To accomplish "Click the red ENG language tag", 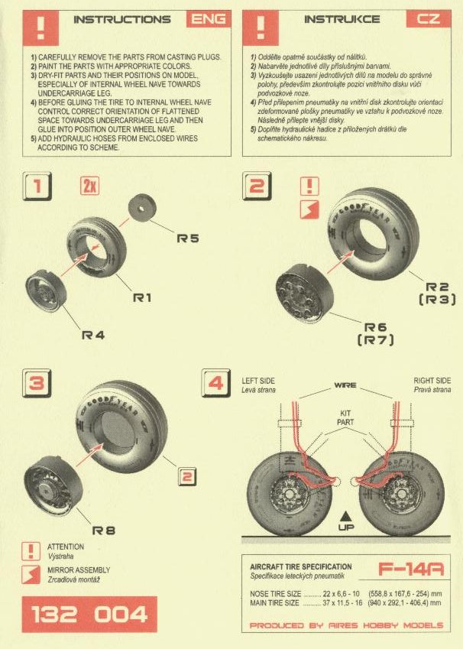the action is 209,19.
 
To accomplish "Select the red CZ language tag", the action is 429,19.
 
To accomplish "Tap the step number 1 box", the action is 37,187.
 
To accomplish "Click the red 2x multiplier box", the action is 90,186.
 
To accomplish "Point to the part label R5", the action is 188,239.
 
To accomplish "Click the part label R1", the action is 142,297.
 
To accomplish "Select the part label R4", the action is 93,336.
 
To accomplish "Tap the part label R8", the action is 103,531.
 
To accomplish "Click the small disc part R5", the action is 142,209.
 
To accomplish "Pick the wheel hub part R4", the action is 46,290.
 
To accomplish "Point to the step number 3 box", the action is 37,383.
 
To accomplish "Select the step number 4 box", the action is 215,383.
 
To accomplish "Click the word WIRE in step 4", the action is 345,385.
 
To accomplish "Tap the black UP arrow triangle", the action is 345,516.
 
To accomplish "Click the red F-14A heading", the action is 411,569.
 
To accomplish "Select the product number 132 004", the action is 89,615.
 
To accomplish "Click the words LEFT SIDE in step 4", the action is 257,381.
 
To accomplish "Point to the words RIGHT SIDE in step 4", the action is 432,381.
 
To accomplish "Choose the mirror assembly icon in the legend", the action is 31,575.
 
